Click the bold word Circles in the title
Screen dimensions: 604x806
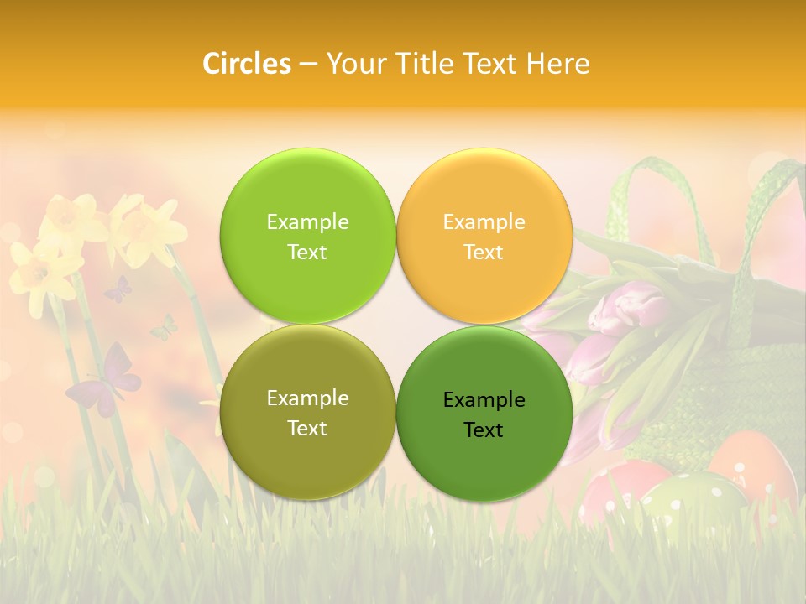(246, 63)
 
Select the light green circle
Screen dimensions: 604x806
(307, 236)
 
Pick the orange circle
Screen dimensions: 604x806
(484, 236)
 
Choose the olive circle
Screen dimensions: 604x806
(307, 412)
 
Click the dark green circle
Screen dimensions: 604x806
(484, 414)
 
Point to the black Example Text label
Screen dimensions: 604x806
(484, 414)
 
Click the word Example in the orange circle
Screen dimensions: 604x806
(484, 221)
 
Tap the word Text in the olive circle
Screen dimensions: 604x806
(307, 428)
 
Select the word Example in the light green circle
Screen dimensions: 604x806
(307, 221)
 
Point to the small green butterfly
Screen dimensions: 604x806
(165, 328)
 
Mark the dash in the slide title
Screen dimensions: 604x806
(308, 64)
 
